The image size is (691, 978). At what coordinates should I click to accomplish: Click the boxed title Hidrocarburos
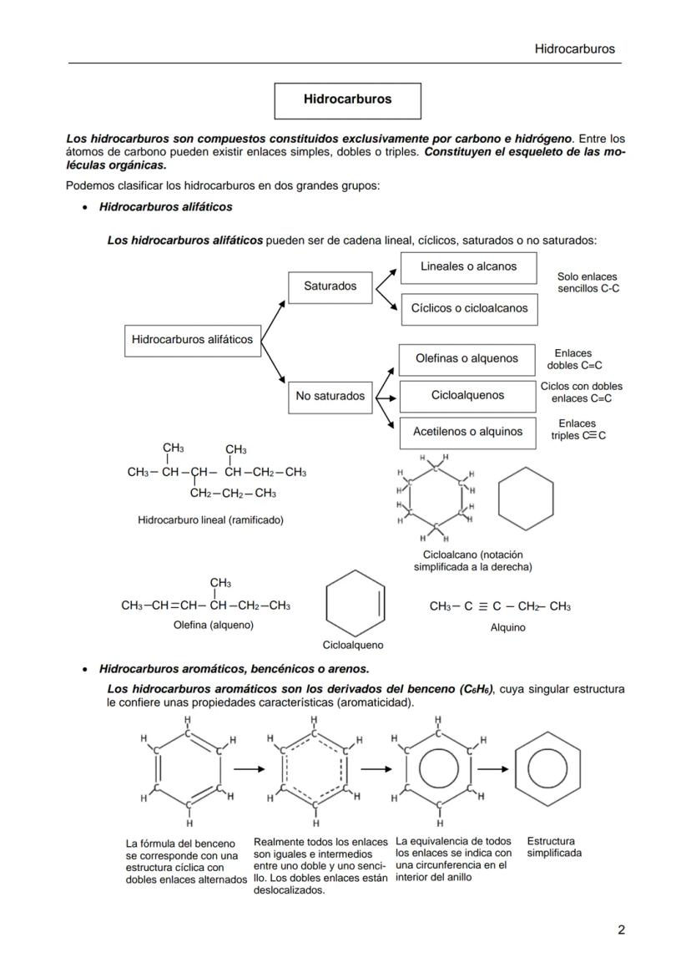tap(347, 99)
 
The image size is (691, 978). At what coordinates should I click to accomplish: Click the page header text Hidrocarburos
tap(574, 48)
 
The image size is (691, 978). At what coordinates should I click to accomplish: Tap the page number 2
tap(621, 930)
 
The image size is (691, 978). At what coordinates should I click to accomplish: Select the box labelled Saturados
tap(330, 286)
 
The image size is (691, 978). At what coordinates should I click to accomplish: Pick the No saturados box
tap(330, 396)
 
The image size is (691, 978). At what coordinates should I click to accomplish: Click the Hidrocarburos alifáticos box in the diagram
tap(192, 340)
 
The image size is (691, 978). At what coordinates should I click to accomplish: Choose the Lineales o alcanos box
tap(468, 267)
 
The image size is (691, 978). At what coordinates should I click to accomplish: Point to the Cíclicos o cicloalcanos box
tap(469, 308)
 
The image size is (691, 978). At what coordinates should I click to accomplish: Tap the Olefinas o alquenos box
tap(467, 359)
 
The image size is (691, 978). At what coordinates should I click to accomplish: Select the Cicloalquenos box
tap(467, 396)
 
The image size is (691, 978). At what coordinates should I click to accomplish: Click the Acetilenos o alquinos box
tap(467, 433)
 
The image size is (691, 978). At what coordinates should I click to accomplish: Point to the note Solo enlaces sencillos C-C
tap(588, 282)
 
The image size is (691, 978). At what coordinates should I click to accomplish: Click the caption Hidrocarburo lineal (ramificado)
tap(210, 520)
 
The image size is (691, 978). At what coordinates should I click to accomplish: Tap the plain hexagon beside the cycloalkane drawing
tap(526, 499)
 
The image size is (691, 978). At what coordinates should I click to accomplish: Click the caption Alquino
tap(507, 628)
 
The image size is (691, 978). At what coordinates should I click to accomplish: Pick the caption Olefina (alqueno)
tap(213, 625)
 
